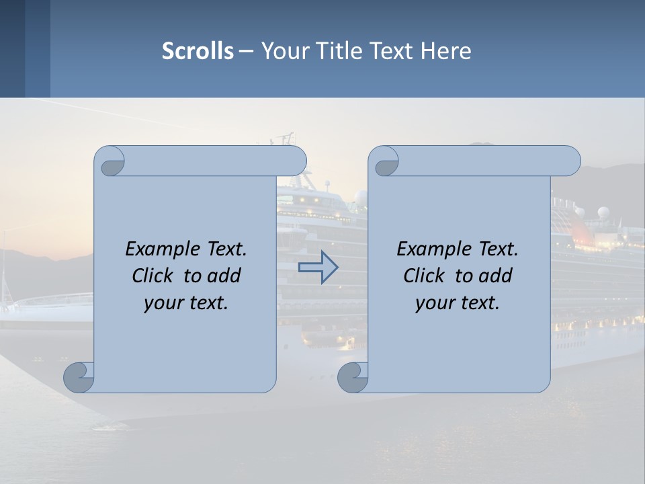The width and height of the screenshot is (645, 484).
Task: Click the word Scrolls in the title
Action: [x=198, y=51]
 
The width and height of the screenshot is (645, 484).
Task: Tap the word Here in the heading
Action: [x=445, y=51]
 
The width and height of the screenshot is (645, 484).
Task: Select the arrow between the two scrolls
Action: [x=318, y=268]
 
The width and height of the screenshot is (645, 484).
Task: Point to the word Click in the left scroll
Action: [x=154, y=276]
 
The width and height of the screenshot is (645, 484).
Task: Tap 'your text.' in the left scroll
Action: [x=186, y=303]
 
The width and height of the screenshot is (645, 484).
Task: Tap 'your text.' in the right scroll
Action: [x=458, y=303]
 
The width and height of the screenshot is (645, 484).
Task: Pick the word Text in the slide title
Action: [x=390, y=51]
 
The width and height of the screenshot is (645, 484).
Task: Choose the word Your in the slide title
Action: [x=282, y=51]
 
